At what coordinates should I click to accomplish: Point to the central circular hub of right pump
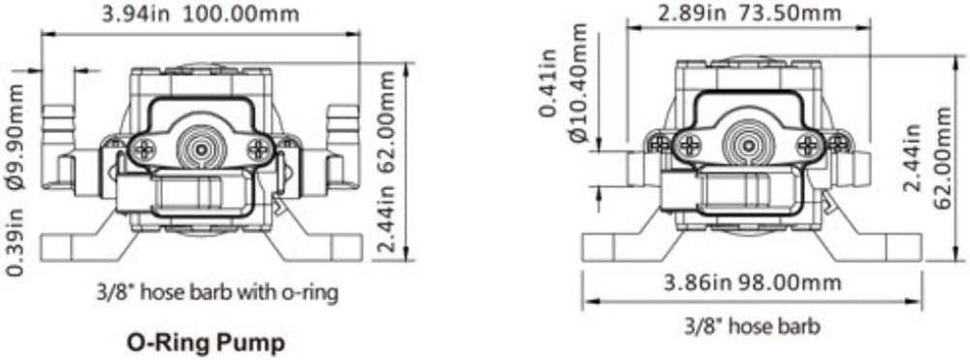[x=749, y=147]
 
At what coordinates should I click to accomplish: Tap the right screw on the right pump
[x=806, y=147]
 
